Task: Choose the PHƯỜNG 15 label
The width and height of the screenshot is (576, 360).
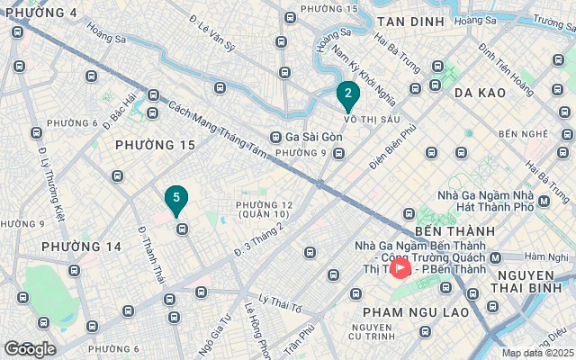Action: [156, 144]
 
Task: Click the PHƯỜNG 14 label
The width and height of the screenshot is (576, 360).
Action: [82, 247]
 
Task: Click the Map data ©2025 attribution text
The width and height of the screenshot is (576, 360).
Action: [535, 354]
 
